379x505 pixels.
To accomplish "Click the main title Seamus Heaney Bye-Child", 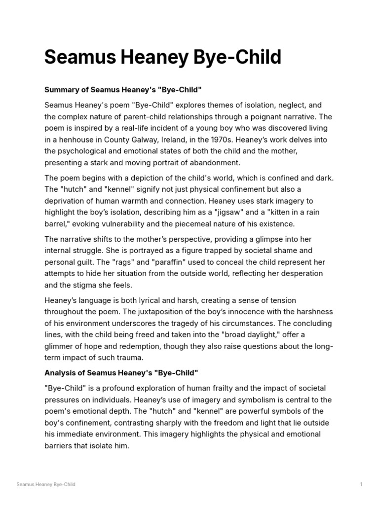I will coord(163,58).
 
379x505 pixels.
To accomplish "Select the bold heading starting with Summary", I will coord(123,90).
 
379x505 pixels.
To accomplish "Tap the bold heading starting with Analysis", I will coord(121,372).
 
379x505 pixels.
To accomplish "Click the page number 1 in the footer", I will coord(361,485).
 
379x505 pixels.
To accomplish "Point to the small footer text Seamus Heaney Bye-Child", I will coord(46,485).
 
